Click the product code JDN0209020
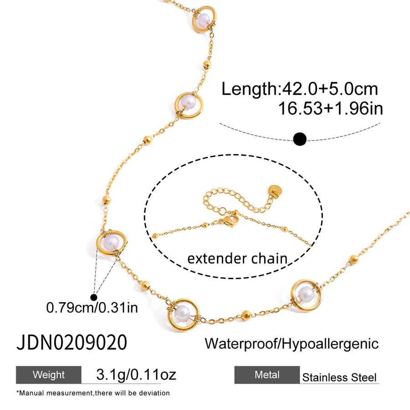tap(72, 342)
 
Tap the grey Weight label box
tap(49, 375)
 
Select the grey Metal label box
tap(267, 375)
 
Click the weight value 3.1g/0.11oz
tap(136, 374)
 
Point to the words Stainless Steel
tap(339, 377)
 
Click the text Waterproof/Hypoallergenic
tap(292, 343)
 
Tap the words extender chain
tap(237, 258)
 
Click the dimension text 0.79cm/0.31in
tap(92, 307)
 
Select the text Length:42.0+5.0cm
tap(300, 89)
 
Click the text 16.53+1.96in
tap(331, 108)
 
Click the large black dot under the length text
tap(300, 139)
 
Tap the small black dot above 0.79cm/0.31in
tap(93, 297)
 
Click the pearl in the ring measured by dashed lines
tap(111, 242)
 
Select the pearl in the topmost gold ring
tap(204, 19)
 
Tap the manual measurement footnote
tap(93, 393)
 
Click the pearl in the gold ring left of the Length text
tap(189, 102)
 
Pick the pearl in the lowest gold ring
tap(182, 313)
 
